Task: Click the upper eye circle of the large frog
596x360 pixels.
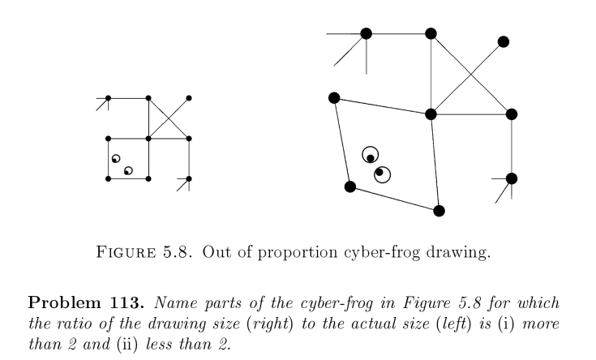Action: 371,155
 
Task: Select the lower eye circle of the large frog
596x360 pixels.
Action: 382,174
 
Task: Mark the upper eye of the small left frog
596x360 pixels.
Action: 116,158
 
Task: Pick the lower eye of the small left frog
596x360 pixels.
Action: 128,170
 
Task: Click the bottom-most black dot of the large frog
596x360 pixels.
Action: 439,211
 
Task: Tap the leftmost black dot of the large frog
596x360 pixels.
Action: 333,97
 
